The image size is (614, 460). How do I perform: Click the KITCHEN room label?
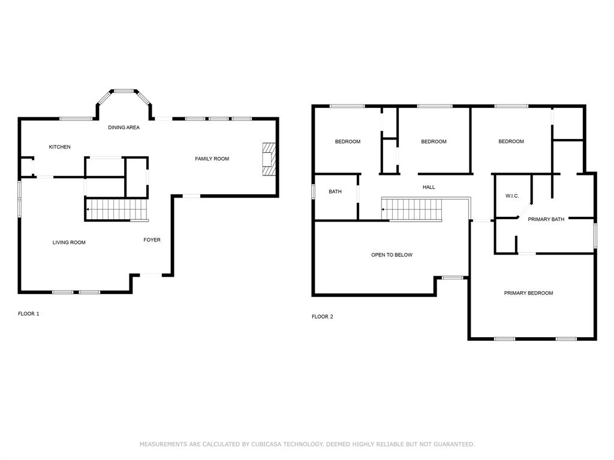(59, 147)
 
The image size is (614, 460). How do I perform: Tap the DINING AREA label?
(124, 128)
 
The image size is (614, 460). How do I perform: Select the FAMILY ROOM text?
(212, 159)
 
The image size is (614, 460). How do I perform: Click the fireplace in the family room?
(269, 159)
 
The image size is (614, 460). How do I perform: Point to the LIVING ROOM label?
(69, 243)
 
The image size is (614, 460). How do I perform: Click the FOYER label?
(152, 240)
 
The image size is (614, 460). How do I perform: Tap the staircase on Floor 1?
(117, 210)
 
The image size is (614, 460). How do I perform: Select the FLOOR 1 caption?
(28, 314)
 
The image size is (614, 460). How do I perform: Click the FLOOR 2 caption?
(322, 317)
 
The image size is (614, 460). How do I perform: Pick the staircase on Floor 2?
(413, 210)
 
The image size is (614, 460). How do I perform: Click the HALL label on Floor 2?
(429, 187)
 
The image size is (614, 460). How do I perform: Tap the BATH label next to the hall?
(335, 192)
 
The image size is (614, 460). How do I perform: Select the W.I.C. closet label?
(512, 196)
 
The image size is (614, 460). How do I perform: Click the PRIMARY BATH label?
(546, 219)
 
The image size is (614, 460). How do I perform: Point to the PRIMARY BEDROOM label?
(528, 293)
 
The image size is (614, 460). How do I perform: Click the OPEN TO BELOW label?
(392, 255)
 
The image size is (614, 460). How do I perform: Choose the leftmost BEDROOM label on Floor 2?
(347, 142)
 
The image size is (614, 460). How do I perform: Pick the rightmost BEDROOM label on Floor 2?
(511, 142)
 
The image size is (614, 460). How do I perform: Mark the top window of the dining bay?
(124, 91)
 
